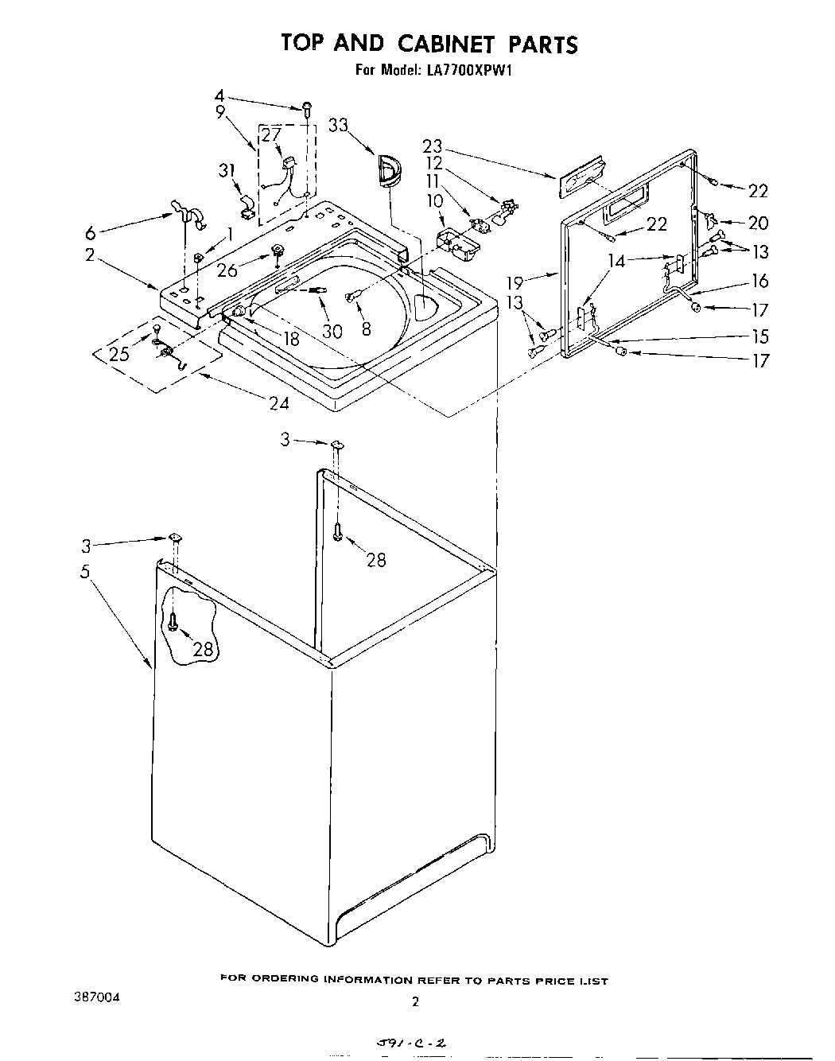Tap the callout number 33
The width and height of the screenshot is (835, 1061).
(338, 126)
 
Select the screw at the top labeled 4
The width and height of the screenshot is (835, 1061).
(307, 107)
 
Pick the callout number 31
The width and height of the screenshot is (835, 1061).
(228, 170)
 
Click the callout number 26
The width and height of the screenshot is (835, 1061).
(227, 270)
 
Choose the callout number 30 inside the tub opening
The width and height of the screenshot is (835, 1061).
(332, 329)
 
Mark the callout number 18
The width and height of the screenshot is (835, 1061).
(291, 338)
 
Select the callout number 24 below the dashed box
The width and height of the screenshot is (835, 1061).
(278, 403)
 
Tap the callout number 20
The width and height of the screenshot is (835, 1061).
(759, 223)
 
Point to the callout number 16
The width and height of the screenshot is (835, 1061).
(760, 280)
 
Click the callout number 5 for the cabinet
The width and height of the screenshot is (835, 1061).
(86, 570)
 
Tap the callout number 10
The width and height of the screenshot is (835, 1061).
(434, 200)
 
